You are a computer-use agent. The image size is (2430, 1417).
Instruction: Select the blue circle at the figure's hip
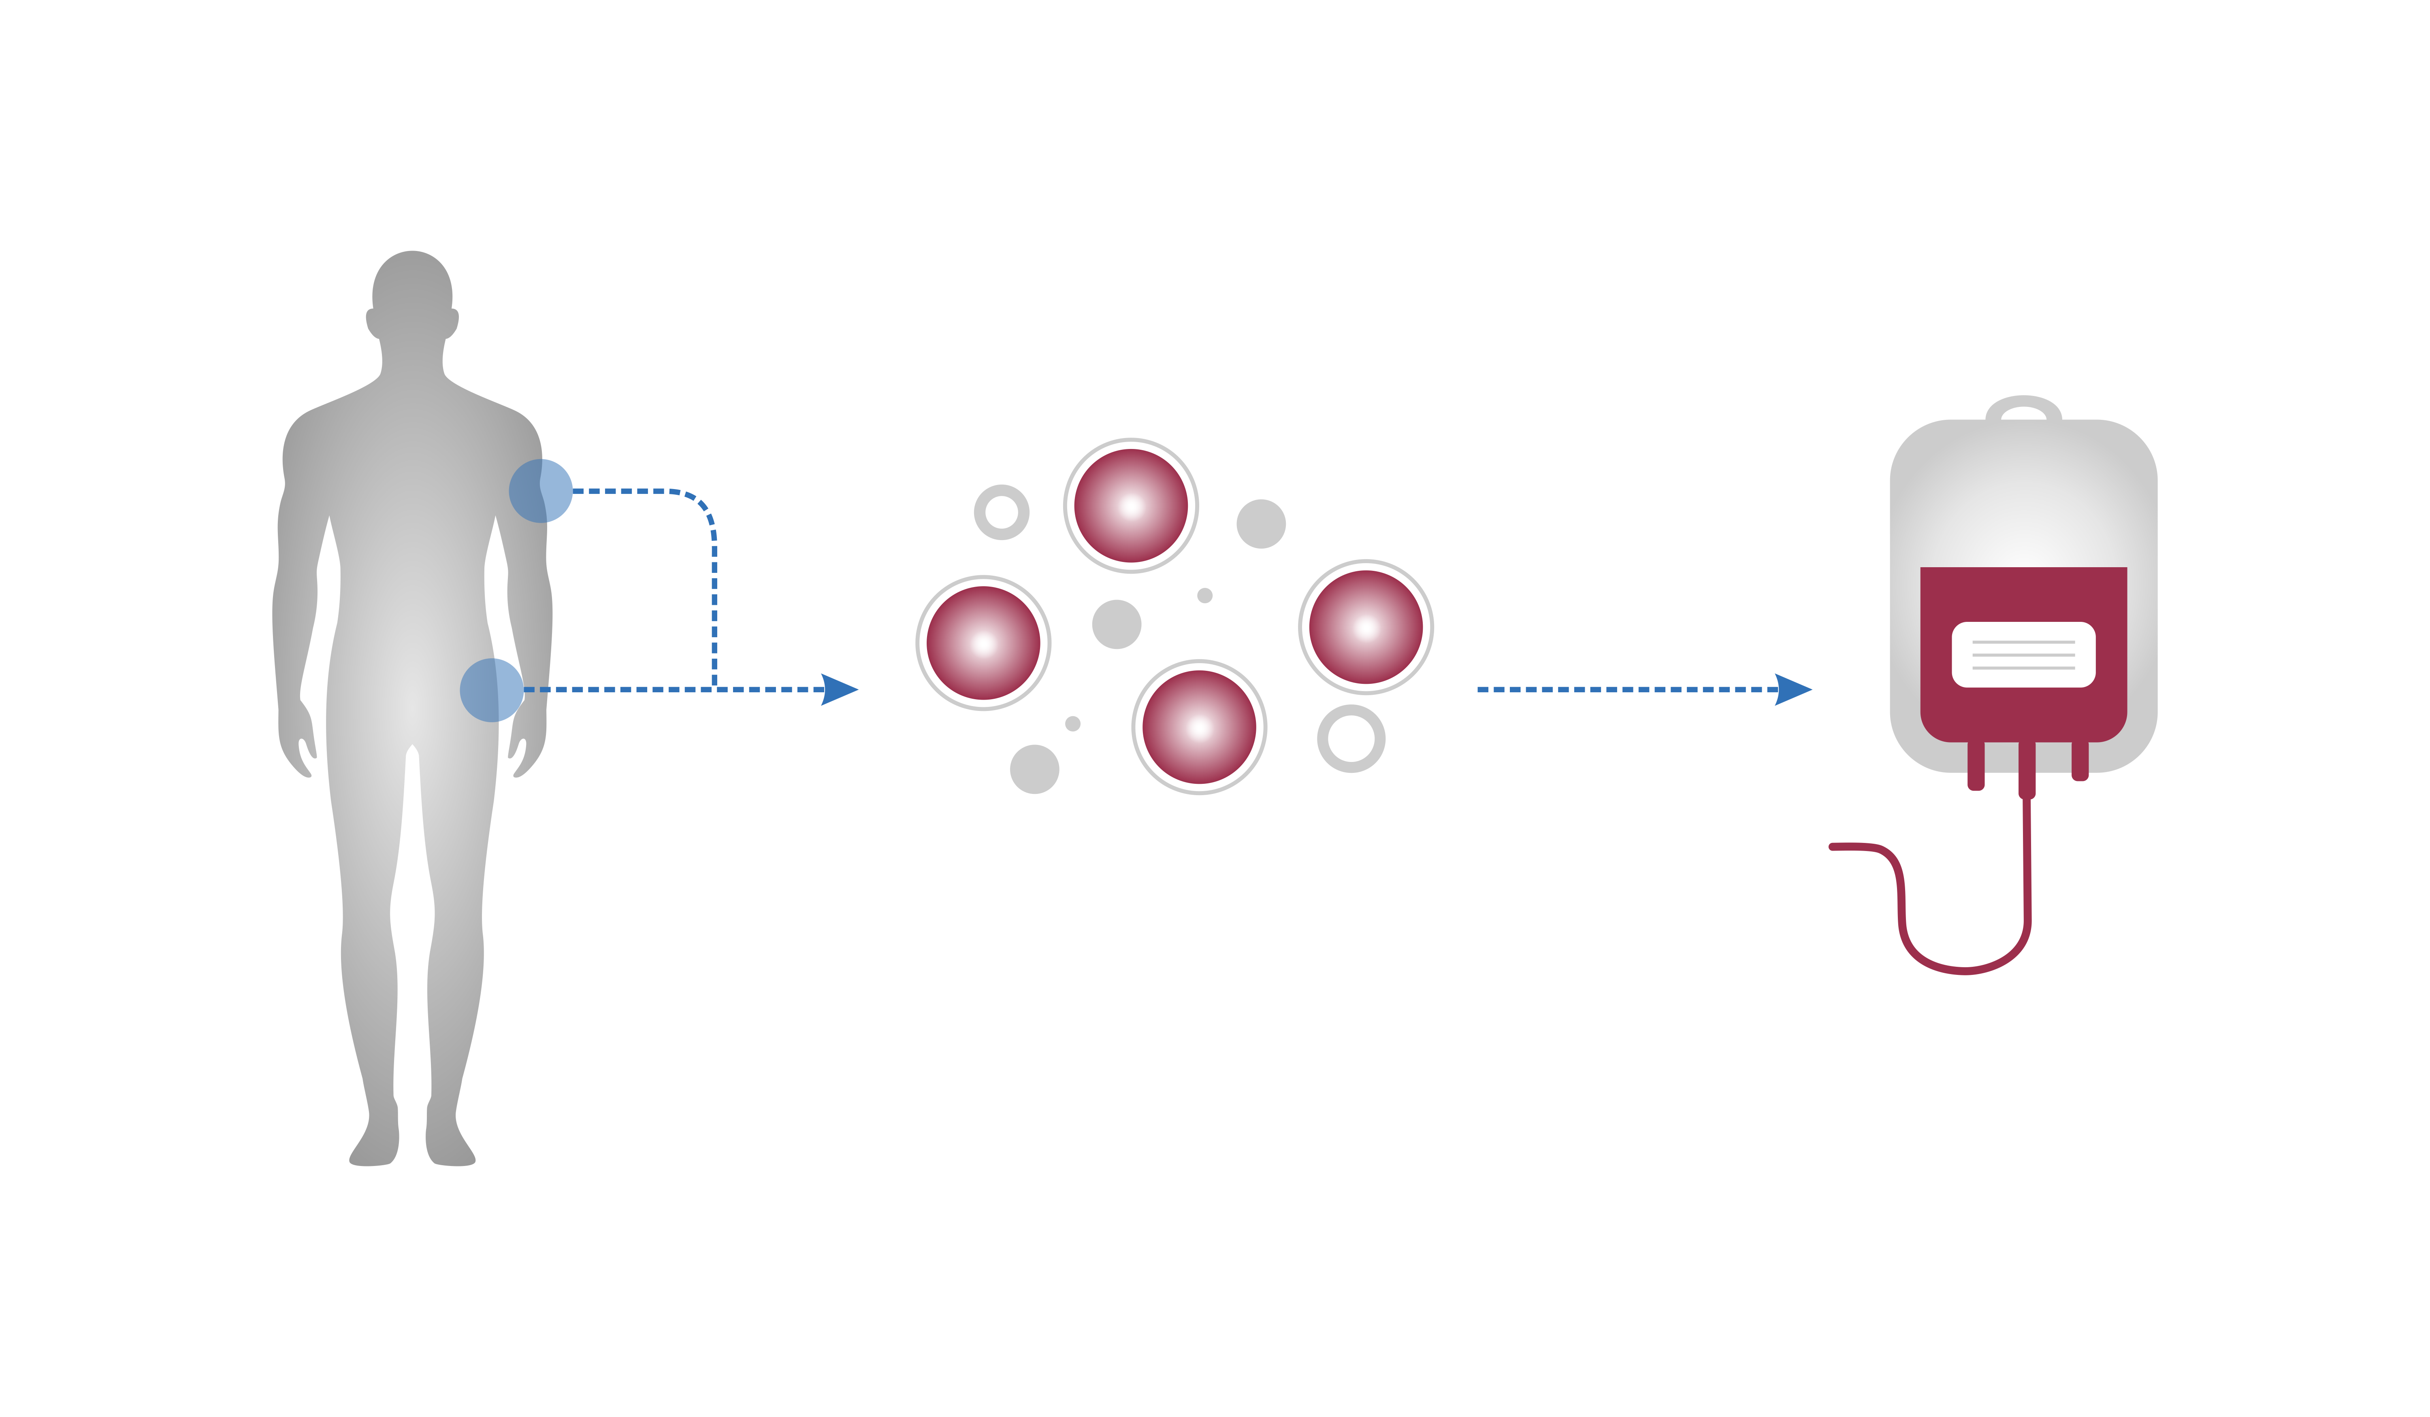tap(492, 690)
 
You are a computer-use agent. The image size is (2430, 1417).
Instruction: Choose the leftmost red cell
tap(984, 643)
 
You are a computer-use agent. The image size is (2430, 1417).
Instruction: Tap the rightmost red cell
tap(1365, 628)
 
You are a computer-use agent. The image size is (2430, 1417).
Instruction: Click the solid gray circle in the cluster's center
tap(1117, 625)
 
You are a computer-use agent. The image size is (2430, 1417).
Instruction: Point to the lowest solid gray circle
tap(1035, 769)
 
